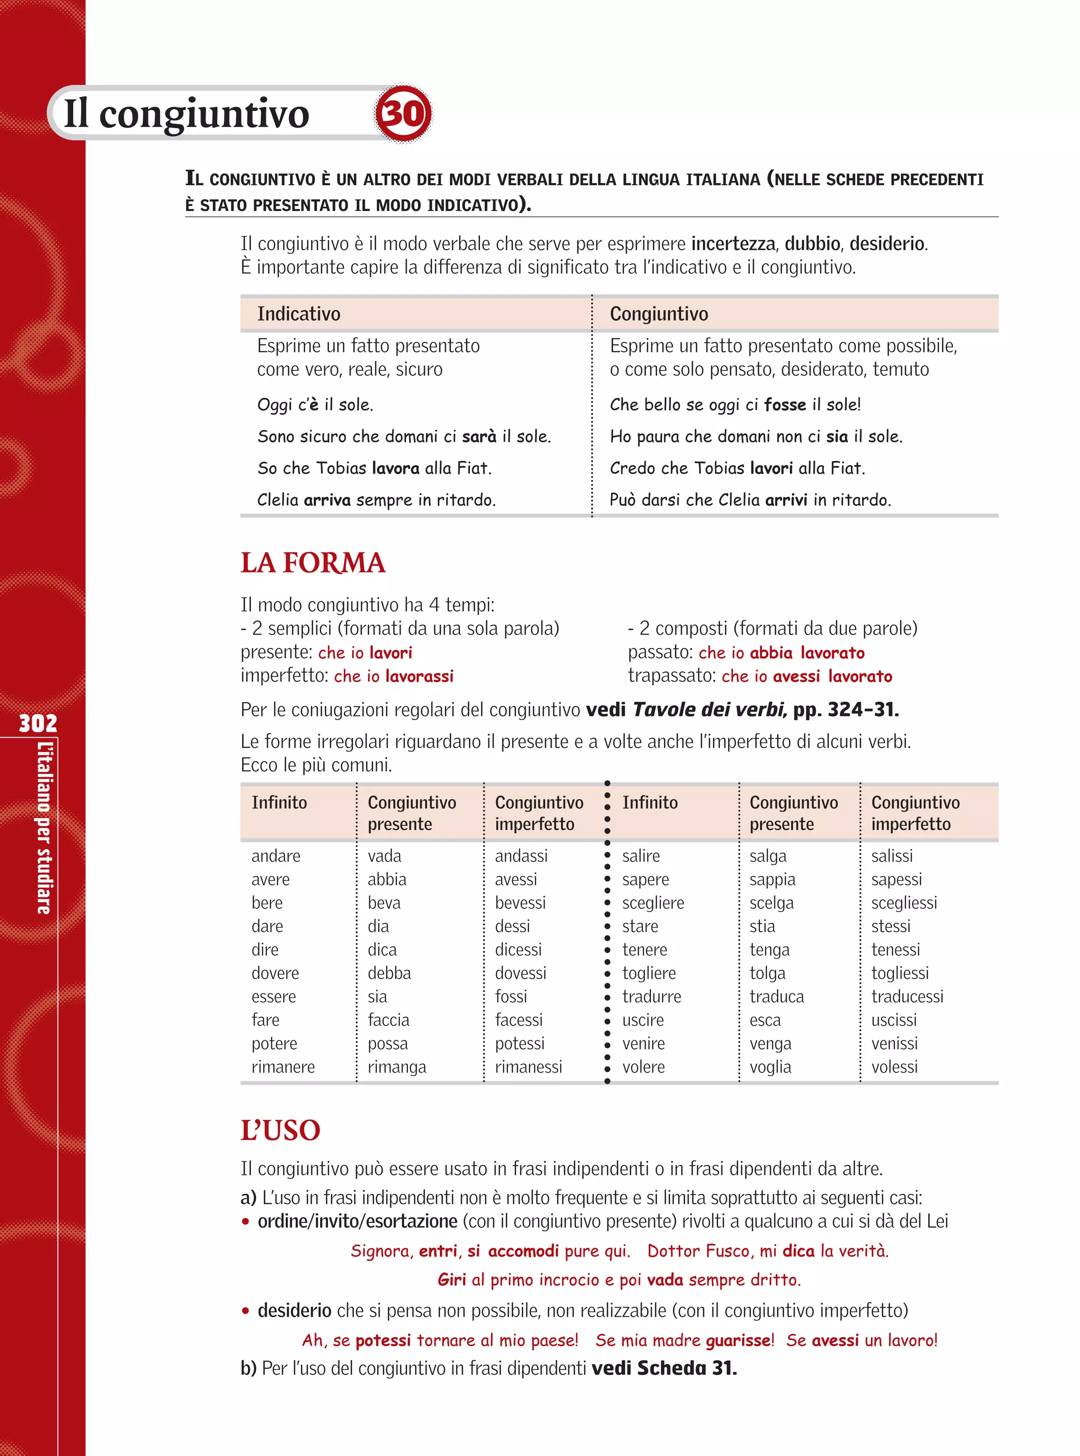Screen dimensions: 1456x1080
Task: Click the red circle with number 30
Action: click(403, 113)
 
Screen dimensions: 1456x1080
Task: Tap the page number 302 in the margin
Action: click(38, 723)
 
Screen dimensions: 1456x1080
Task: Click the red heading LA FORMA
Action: click(313, 563)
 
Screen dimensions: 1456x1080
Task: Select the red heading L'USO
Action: click(281, 1131)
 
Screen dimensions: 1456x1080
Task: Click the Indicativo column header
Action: click(299, 314)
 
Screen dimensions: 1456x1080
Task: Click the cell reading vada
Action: click(384, 856)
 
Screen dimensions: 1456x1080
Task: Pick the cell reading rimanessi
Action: click(528, 1067)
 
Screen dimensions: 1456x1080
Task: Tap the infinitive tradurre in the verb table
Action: click(651, 997)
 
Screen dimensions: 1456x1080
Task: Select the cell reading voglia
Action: click(770, 1067)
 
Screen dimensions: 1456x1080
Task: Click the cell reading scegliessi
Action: click(904, 903)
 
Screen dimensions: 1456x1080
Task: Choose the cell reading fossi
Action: click(510, 997)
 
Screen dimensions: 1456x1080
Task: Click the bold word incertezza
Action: click(733, 244)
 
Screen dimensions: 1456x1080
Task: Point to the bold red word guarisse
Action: click(739, 1340)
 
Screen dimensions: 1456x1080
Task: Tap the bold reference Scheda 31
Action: click(687, 1368)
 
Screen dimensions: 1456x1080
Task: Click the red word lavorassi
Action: click(419, 676)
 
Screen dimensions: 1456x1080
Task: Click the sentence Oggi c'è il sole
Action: click(315, 405)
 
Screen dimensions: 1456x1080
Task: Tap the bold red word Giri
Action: click(452, 1279)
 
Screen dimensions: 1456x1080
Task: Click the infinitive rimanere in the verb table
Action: click(283, 1067)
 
